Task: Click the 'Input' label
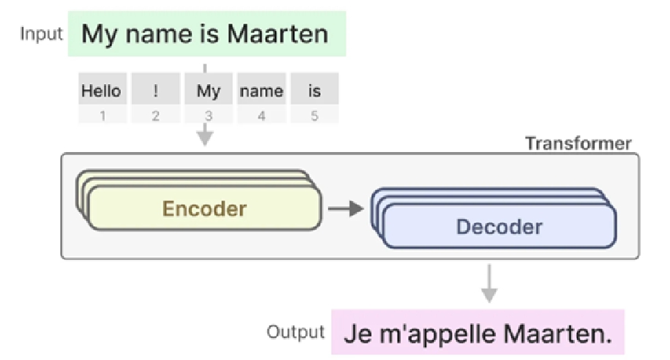coord(42,34)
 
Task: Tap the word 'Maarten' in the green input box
coord(278,34)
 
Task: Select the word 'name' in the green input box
coord(158,34)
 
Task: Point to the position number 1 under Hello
coord(103,116)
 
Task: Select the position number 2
coord(155,116)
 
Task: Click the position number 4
coord(261,116)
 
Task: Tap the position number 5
coord(314,116)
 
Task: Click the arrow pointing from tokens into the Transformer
coord(205,135)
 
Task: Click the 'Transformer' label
coord(578,143)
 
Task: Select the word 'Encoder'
coord(205,209)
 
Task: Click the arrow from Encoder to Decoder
coord(346,209)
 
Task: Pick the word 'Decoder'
coord(499,226)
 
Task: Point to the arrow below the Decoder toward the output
coord(489,283)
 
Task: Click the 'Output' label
coord(296,331)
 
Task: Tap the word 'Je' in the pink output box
coord(358,334)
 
